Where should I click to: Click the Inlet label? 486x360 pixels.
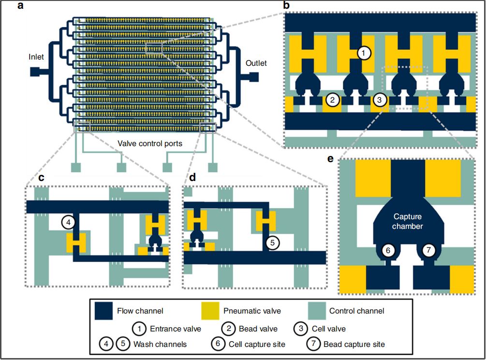[36, 57]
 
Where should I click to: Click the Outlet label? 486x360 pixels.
[256, 63]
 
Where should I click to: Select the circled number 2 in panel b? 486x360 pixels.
[332, 100]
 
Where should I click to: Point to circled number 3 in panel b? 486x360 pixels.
[380, 100]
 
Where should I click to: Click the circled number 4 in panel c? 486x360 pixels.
[69, 222]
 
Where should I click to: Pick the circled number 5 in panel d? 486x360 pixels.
[272, 243]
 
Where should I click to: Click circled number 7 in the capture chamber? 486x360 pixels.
[429, 250]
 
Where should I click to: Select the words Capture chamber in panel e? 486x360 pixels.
[408, 222]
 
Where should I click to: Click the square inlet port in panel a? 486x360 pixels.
[35, 72]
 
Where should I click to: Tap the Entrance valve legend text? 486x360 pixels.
[177, 329]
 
